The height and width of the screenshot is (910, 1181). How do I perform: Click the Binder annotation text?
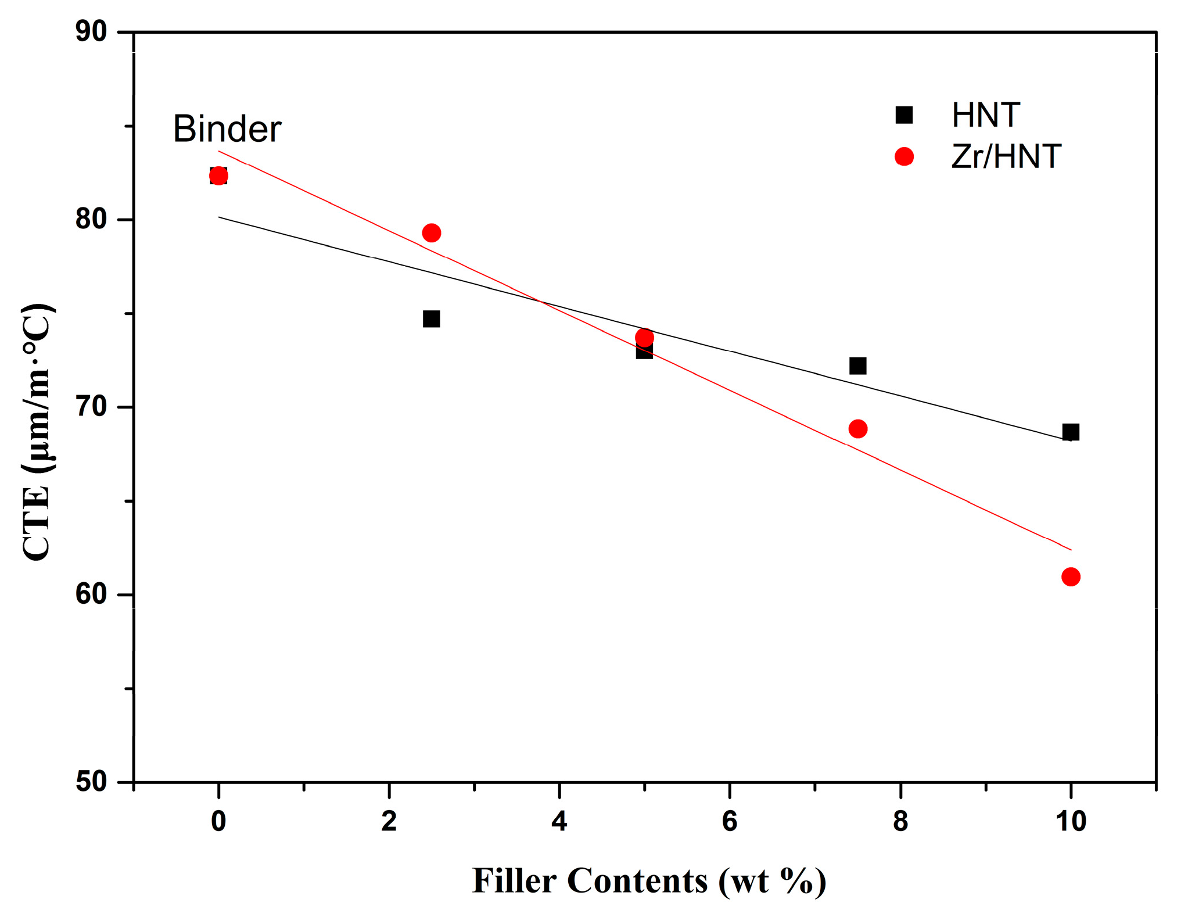coord(227,129)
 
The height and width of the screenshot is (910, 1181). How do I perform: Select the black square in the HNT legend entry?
coord(904,115)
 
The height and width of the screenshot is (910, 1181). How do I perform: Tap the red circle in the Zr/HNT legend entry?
coord(904,156)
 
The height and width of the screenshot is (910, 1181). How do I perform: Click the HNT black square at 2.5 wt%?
coord(431,319)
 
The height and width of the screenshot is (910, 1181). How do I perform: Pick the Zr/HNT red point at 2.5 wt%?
coord(431,233)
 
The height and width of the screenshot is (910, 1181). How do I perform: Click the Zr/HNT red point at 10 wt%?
coord(1071,577)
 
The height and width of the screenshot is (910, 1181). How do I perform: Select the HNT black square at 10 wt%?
coord(1071,432)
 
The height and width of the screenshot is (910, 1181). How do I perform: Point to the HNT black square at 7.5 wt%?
coord(857,366)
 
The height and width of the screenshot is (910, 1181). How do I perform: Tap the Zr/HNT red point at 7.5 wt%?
coord(857,429)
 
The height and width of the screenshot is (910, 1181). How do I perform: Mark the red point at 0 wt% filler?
coord(218,175)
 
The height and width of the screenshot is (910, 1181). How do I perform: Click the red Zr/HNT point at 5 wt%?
coord(644,338)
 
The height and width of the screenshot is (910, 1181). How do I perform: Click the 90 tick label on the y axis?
coord(91,32)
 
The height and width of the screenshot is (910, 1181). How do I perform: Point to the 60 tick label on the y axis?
coord(91,594)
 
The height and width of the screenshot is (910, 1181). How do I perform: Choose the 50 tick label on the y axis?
coord(91,782)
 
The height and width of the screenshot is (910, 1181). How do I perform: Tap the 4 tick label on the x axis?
coord(559,822)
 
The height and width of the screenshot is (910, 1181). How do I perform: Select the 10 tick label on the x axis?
coord(1070,822)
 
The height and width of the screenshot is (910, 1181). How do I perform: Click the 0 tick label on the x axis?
coord(218,822)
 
